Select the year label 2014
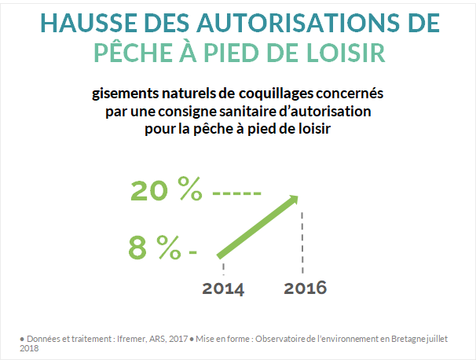pos(223,288)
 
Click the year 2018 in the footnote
pos(29,347)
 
